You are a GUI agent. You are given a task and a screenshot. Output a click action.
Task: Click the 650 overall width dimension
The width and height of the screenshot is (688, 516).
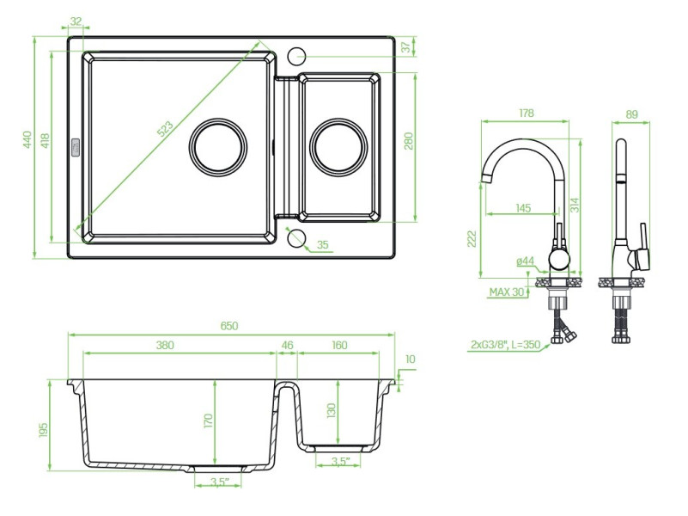[x=229, y=326]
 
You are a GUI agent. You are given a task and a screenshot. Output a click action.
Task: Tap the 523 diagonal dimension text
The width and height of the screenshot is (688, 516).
[x=165, y=129]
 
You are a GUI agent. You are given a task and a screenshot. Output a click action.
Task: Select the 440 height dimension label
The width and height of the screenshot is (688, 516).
[x=27, y=139]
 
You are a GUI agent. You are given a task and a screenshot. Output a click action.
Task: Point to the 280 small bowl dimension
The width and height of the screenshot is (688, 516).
[x=409, y=140]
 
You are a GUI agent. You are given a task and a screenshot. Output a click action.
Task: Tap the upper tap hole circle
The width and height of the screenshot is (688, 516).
[x=296, y=56]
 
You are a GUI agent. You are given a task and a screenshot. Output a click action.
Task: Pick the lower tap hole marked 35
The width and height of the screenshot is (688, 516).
[x=296, y=237]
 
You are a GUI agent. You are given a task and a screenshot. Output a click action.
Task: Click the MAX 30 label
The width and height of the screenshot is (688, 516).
[x=507, y=292]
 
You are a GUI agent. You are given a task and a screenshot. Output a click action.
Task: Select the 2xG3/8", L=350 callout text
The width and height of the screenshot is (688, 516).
[x=505, y=345]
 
